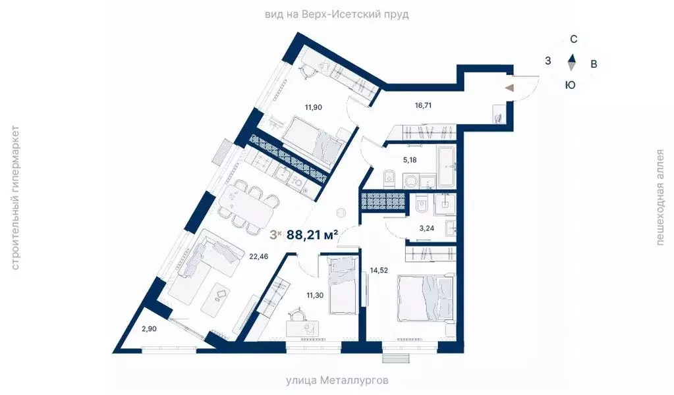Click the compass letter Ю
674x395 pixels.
571,84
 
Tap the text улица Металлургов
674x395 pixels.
337,381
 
